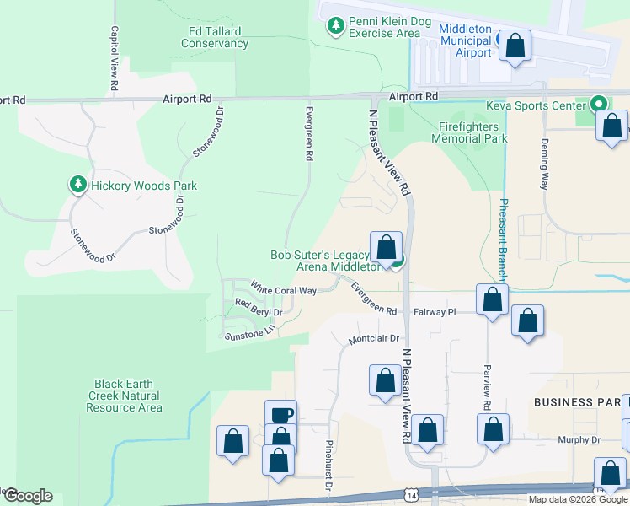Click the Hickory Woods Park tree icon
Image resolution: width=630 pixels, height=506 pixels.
pos(78,184)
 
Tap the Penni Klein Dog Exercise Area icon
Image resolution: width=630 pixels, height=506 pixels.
pos(336,26)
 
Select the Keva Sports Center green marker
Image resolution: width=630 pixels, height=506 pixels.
pos(599,105)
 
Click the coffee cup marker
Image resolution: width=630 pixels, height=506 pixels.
pos(280,414)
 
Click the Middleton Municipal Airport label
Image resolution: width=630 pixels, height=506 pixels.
pos(465,40)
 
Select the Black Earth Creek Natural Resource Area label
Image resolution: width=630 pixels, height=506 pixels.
pos(124,396)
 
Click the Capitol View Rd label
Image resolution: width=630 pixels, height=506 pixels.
pos(114,58)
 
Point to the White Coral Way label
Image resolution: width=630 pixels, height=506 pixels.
pos(283,289)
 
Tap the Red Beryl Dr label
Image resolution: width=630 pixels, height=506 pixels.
pos(258,308)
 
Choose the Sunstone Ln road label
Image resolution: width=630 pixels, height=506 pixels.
pos(249,332)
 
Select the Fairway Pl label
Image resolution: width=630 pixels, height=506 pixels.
pos(434,312)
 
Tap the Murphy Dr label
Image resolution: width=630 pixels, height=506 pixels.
pos(578,440)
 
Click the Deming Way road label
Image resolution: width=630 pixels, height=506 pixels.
pos(545,163)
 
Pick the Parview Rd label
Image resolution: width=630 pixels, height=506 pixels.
pos(486,388)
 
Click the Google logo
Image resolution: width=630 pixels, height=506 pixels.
pos(28,496)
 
